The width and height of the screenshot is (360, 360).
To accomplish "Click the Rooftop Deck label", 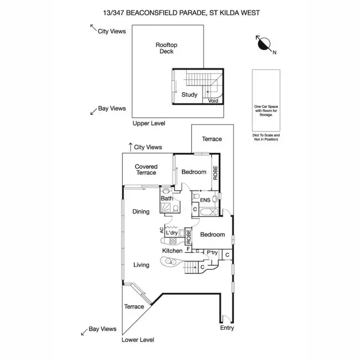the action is (167, 48).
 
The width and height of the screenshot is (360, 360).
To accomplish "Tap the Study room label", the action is (190, 95).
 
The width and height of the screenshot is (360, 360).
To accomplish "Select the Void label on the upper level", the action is (213, 101).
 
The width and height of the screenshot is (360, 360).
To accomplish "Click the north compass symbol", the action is (264, 44).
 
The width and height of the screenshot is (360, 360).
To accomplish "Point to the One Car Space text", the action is (266, 107).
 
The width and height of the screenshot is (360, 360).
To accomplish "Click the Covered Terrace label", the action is (146, 169).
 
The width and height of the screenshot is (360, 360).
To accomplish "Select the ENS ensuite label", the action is (205, 200).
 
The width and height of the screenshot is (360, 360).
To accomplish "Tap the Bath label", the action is (167, 198).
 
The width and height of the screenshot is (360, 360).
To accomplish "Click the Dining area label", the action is (141, 212).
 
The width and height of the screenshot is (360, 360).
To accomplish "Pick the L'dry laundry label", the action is (172, 233).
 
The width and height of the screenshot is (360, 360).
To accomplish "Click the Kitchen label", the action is (172, 251).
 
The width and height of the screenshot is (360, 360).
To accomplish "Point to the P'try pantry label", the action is (212, 252).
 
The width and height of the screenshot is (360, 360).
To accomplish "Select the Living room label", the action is (142, 265).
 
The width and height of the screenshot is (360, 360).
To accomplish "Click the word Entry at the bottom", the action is (227, 328).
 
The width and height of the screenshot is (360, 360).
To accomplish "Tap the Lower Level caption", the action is (138, 340).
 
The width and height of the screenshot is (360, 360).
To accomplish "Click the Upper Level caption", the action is (149, 123).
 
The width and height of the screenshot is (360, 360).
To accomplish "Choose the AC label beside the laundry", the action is (162, 230).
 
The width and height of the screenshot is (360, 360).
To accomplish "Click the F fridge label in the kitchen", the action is (188, 249).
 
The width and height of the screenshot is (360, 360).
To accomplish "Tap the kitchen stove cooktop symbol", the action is (173, 241).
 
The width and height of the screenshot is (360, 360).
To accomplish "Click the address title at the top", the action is (181, 13).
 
